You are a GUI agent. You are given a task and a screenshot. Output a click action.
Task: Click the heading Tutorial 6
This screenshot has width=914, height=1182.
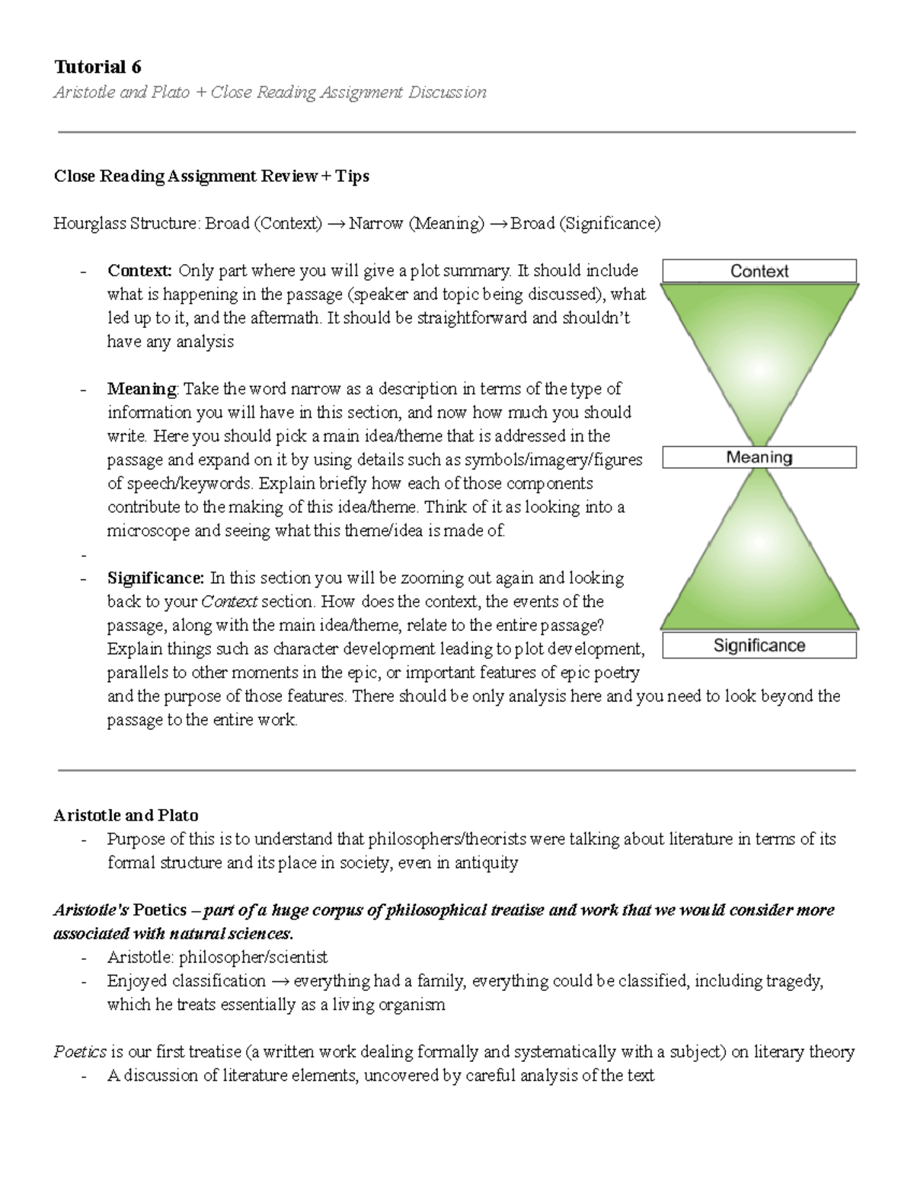[x=97, y=67]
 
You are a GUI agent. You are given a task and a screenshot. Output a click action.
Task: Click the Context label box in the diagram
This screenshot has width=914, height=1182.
[x=759, y=271]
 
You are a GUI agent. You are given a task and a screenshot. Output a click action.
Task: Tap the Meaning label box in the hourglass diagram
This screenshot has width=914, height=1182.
[x=759, y=457]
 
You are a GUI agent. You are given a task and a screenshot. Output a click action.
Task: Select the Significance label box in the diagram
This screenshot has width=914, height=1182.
[x=759, y=646]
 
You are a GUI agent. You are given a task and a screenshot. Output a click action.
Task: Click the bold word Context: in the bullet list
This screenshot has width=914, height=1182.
[x=140, y=271]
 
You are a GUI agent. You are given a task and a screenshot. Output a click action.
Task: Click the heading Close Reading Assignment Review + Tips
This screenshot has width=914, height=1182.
[x=211, y=177]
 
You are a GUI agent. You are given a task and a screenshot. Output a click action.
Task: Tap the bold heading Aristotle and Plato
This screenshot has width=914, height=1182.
[x=126, y=815]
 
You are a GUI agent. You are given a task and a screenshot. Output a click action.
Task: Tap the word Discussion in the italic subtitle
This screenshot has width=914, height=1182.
[x=447, y=93]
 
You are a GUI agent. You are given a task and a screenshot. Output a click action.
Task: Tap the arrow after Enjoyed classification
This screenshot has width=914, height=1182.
[x=280, y=981]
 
